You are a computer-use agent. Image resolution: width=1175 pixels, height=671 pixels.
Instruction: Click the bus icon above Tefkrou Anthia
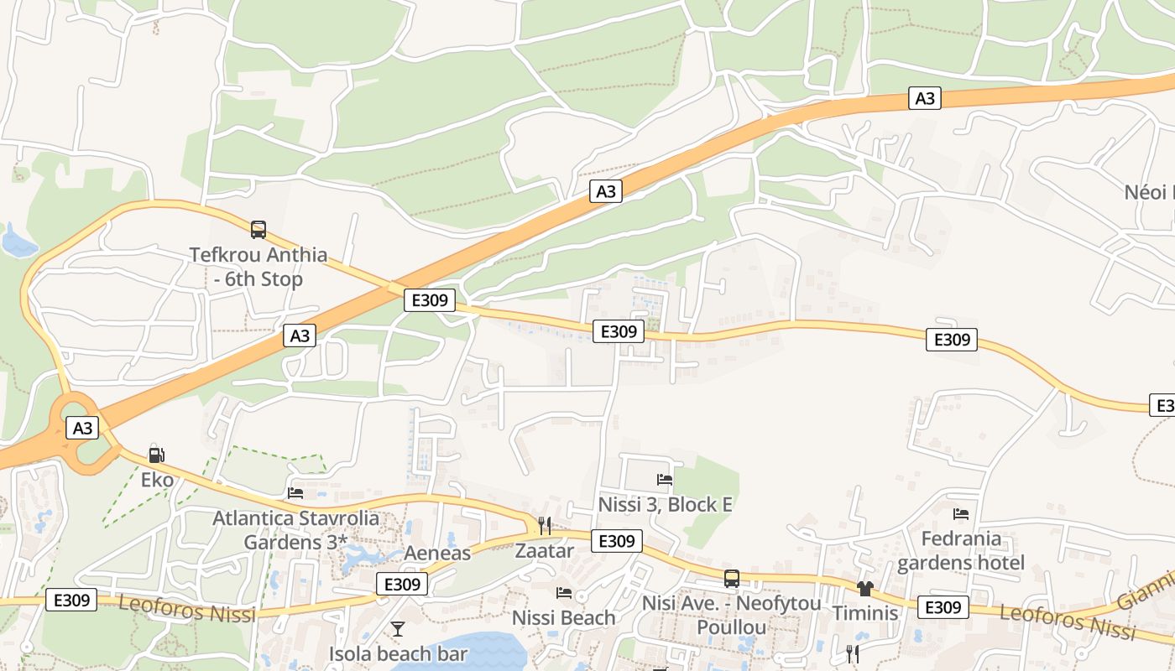(x=258, y=229)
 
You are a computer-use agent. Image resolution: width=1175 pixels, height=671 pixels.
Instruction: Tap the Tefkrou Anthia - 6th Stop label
(x=258, y=267)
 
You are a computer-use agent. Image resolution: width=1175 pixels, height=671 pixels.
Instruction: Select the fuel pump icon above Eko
(x=156, y=455)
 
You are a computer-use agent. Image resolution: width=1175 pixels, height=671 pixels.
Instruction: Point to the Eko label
(x=157, y=480)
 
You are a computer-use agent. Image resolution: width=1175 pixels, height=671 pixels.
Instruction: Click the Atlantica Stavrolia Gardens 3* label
(x=295, y=530)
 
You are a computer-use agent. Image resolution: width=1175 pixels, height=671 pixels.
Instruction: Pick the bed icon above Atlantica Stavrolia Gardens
(x=295, y=493)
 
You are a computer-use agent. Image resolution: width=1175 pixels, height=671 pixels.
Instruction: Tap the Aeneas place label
(x=437, y=554)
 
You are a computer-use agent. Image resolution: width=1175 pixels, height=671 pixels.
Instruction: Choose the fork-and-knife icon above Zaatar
(x=545, y=526)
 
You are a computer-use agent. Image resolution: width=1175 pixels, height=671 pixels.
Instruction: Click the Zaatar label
(x=545, y=551)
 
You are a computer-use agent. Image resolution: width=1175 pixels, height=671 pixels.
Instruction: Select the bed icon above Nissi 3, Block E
(x=665, y=480)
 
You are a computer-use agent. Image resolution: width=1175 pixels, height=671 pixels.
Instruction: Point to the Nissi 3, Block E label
(x=665, y=505)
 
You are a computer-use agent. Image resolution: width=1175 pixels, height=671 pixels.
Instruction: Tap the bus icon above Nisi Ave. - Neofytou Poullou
(x=732, y=578)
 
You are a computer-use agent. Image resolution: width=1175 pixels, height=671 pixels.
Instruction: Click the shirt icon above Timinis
(x=865, y=588)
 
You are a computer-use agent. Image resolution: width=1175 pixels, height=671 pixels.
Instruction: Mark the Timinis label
(x=865, y=613)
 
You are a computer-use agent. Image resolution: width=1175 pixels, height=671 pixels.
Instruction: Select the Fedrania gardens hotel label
(x=961, y=550)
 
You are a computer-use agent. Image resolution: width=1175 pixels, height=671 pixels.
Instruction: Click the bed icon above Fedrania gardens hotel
(x=961, y=513)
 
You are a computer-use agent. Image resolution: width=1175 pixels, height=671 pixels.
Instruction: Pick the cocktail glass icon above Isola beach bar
(x=398, y=628)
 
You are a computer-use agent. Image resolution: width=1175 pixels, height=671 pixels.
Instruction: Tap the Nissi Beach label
(x=564, y=618)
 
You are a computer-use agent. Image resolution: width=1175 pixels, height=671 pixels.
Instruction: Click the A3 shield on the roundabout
(x=82, y=428)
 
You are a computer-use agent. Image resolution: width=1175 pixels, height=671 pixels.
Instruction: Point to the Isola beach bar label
(x=398, y=654)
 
